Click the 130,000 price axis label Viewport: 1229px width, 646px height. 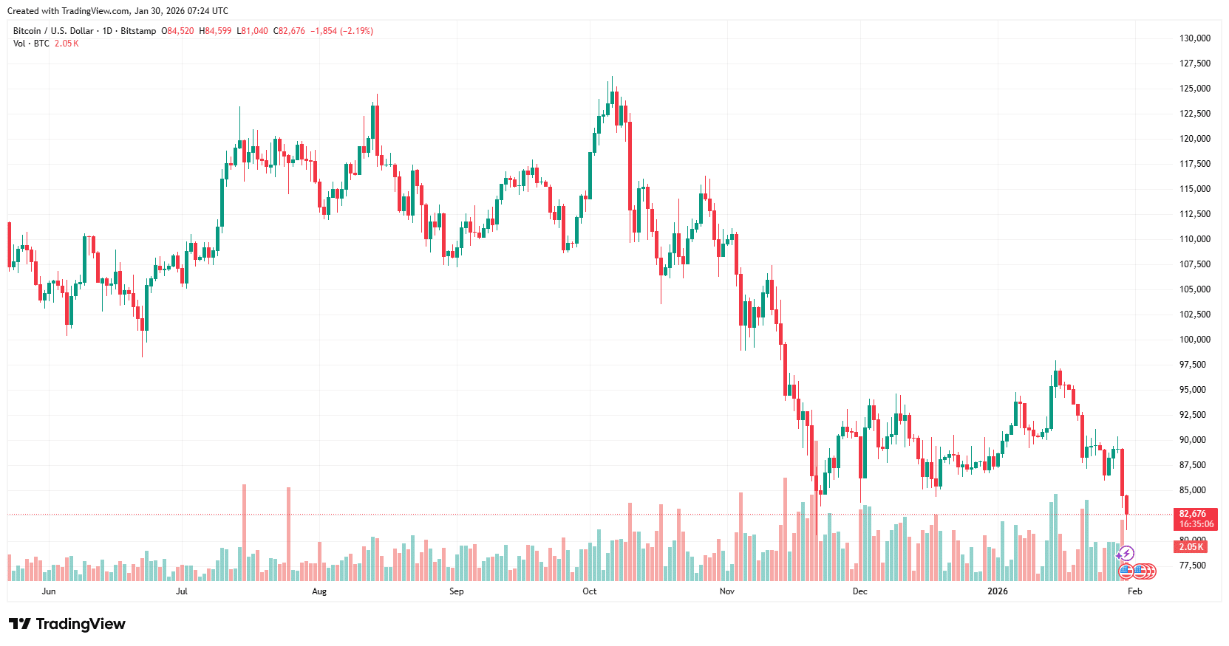pyautogui.click(x=1194, y=38)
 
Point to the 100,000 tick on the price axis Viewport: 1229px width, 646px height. pyautogui.click(x=1194, y=340)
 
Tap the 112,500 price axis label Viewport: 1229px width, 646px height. pyautogui.click(x=1194, y=214)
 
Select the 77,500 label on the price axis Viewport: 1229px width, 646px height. pyautogui.click(x=1194, y=566)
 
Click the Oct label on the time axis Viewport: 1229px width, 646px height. pyautogui.click(x=589, y=591)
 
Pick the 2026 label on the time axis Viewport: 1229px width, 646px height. pyautogui.click(x=997, y=591)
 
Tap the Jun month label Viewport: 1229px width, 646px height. pyautogui.click(x=49, y=591)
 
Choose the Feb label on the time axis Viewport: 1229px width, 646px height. pyautogui.click(x=1134, y=591)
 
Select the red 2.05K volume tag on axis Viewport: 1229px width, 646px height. pyautogui.click(x=1191, y=547)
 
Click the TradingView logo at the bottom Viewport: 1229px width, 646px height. pyautogui.click(x=67, y=624)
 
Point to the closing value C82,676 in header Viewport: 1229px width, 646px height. pyautogui.click(x=289, y=31)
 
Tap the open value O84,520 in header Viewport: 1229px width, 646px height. pyautogui.click(x=177, y=31)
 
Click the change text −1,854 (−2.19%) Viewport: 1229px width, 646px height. pyautogui.click(x=341, y=31)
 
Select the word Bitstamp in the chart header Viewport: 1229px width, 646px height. pyautogui.click(x=138, y=31)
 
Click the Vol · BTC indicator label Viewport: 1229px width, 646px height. pyautogui.click(x=31, y=44)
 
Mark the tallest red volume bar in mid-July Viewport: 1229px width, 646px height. pyautogui.click(x=244, y=532)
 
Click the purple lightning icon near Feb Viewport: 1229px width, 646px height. pyautogui.click(x=1126, y=553)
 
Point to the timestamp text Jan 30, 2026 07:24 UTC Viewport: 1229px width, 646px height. pyautogui.click(x=181, y=11)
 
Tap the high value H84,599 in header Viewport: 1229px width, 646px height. pyautogui.click(x=215, y=31)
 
